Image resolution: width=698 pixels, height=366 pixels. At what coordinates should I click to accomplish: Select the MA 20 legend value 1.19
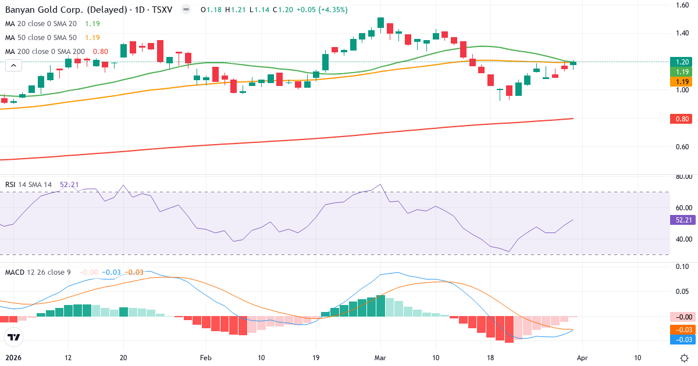[92, 24]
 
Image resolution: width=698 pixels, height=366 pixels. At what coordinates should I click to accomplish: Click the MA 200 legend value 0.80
[100, 52]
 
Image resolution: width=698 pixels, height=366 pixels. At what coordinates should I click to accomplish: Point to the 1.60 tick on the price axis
[682, 5]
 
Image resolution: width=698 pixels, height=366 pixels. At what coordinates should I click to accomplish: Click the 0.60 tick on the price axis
[682, 146]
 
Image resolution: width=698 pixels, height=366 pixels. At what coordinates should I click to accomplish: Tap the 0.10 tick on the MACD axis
[682, 267]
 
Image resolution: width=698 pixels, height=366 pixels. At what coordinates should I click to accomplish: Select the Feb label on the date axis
[205, 358]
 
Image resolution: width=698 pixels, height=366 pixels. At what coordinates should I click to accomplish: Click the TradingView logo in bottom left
[13, 337]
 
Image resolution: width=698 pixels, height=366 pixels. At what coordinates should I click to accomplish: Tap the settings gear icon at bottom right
[685, 358]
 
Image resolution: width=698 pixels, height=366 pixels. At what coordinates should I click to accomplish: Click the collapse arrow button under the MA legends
[13, 66]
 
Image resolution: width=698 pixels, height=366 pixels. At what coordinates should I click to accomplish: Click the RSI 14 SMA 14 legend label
[29, 184]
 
